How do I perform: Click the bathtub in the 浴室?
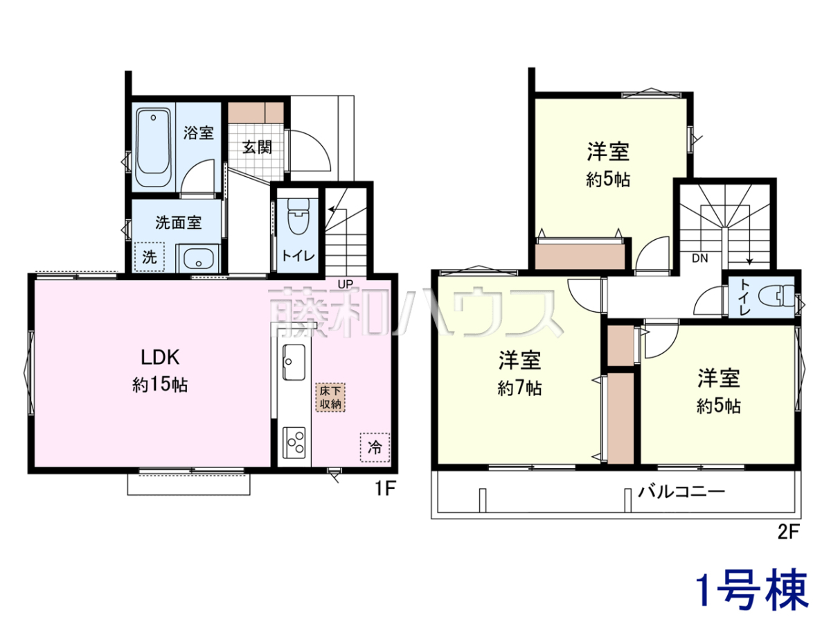[153, 148]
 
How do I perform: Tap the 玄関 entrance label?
[257, 147]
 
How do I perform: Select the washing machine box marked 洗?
[149, 257]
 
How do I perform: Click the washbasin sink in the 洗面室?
[199, 259]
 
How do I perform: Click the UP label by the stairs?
[345, 284]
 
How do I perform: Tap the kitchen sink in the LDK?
[294, 362]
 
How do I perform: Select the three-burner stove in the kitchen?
[294, 443]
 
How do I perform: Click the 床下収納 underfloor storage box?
[330, 397]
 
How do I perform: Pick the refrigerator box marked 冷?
[375, 447]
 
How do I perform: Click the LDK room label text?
[160, 357]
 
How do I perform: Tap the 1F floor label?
[385, 489]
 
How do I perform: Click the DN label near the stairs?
[700, 259]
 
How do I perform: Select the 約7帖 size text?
[519, 388]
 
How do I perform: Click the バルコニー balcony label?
[681, 492]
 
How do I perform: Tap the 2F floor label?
[788, 532]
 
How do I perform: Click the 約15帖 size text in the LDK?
[160, 385]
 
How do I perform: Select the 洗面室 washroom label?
[178, 223]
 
